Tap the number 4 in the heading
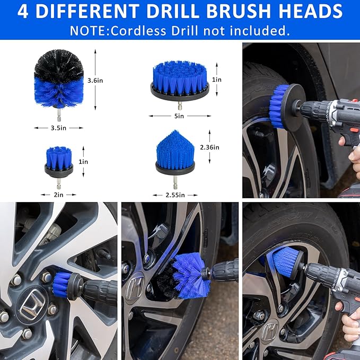[x=23, y=11]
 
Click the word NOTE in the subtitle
[x=88, y=30]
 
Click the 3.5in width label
[x=58, y=128]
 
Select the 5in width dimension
[x=180, y=116]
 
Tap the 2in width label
[x=58, y=195]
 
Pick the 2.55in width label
[x=175, y=195]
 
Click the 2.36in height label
[x=209, y=147]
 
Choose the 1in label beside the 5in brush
[x=217, y=80]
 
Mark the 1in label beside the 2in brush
[x=83, y=161]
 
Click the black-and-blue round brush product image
[x=58, y=80]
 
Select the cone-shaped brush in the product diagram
[x=175, y=154]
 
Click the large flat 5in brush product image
[x=180, y=80]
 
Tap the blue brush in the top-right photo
[x=279, y=106]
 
